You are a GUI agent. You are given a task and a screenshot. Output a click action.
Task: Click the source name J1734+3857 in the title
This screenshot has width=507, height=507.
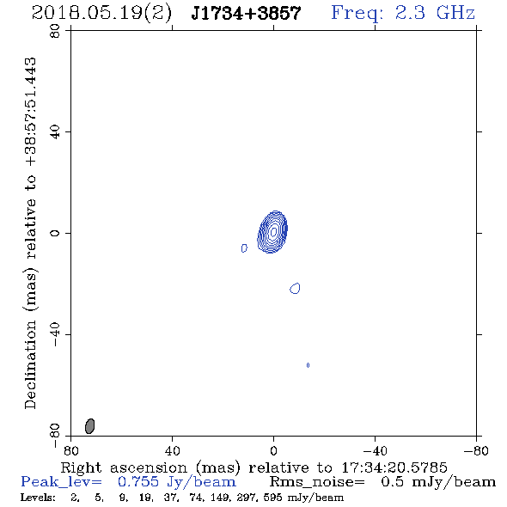pyautogui.click(x=246, y=13)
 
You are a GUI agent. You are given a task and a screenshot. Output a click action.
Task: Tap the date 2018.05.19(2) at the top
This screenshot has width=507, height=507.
pyautogui.click(x=101, y=13)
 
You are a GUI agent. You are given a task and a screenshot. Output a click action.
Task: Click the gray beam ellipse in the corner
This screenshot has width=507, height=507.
pyautogui.click(x=90, y=426)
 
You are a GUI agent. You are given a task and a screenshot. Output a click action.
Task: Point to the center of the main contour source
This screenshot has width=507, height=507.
pyautogui.click(x=273, y=231)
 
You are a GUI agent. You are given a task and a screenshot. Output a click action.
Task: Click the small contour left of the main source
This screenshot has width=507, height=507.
pyautogui.click(x=244, y=248)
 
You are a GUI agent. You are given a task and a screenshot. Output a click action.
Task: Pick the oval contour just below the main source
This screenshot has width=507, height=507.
pyautogui.click(x=295, y=288)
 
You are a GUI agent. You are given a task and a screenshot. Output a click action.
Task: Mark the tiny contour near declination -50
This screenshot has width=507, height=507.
pyautogui.click(x=308, y=365)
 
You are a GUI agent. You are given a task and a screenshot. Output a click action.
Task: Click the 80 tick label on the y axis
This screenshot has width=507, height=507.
pyautogui.click(x=55, y=31)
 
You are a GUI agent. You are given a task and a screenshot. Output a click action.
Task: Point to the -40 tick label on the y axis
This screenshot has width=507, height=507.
pyautogui.click(x=55, y=334)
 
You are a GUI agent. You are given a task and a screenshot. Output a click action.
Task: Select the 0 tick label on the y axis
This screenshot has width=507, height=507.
pyautogui.click(x=55, y=233)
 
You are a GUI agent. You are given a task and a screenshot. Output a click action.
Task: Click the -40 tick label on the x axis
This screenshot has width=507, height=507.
pyautogui.click(x=375, y=450)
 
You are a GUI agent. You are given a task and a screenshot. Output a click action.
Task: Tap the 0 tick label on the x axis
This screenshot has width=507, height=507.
pyautogui.click(x=273, y=450)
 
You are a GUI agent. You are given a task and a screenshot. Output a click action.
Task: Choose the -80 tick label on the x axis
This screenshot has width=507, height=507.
pyautogui.click(x=476, y=450)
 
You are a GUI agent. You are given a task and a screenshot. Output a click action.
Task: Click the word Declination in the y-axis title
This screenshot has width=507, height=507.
pyautogui.click(x=30, y=364)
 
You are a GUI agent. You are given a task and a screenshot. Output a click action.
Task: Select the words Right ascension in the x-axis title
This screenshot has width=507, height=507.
pyautogui.click(x=124, y=467)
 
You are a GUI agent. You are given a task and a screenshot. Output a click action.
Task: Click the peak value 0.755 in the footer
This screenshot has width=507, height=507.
pyautogui.click(x=138, y=482)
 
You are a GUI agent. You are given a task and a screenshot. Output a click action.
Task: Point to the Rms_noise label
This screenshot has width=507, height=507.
pyautogui.click(x=317, y=482)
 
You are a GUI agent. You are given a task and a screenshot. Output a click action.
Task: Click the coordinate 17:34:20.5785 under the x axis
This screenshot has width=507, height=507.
pyautogui.click(x=394, y=467)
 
